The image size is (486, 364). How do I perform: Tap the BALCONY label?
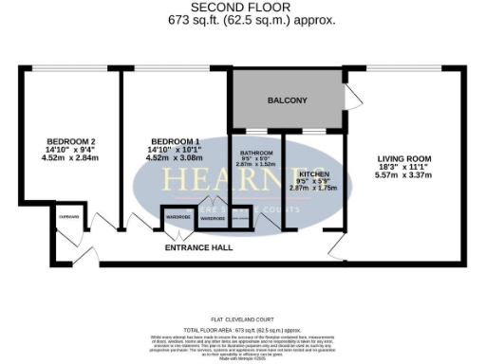click(x=287, y=100)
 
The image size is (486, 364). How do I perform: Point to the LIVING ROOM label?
click(x=404, y=158)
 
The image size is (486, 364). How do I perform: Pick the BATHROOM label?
click(x=256, y=153)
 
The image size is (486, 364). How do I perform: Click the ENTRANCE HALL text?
click(x=198, y=246)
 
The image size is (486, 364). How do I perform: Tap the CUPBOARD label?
click(x=69, y=217)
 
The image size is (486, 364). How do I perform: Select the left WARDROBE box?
click(x=178, y=218)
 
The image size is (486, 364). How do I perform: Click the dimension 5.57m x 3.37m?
click(x=404, y=175)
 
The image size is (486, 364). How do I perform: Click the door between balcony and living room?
click(x=353, y=95)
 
